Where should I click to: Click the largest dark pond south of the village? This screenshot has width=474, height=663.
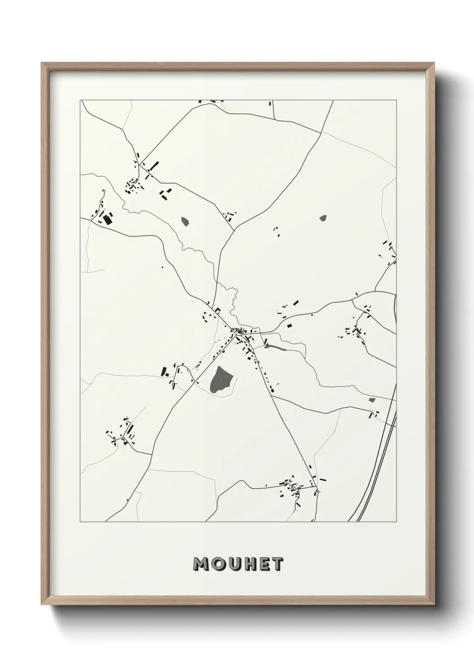click(x=221, y=380)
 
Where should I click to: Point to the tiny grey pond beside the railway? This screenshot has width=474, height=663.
click(x=371, y=400)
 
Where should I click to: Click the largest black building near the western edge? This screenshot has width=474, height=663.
click(x=107, y=219)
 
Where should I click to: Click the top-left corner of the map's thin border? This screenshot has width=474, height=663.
click(x=81, y=100)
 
